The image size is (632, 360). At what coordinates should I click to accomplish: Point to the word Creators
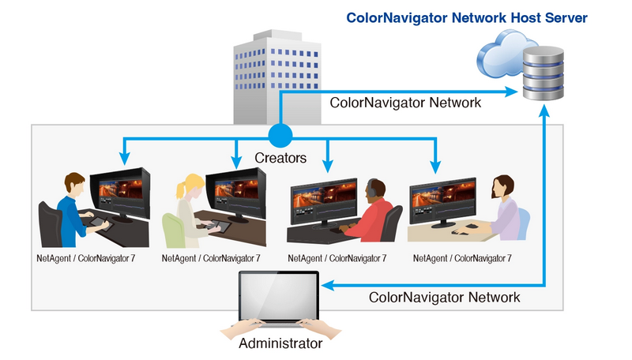pyautogui.click(x=280, y=158)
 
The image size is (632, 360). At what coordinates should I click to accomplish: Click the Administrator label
pyautogui.click(x=280, y=344)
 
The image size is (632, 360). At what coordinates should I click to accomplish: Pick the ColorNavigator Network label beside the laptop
pyautogui.click(x=445, y=298)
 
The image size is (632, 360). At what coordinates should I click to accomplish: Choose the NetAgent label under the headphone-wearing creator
pyautogui.click(x=337, y=258)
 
